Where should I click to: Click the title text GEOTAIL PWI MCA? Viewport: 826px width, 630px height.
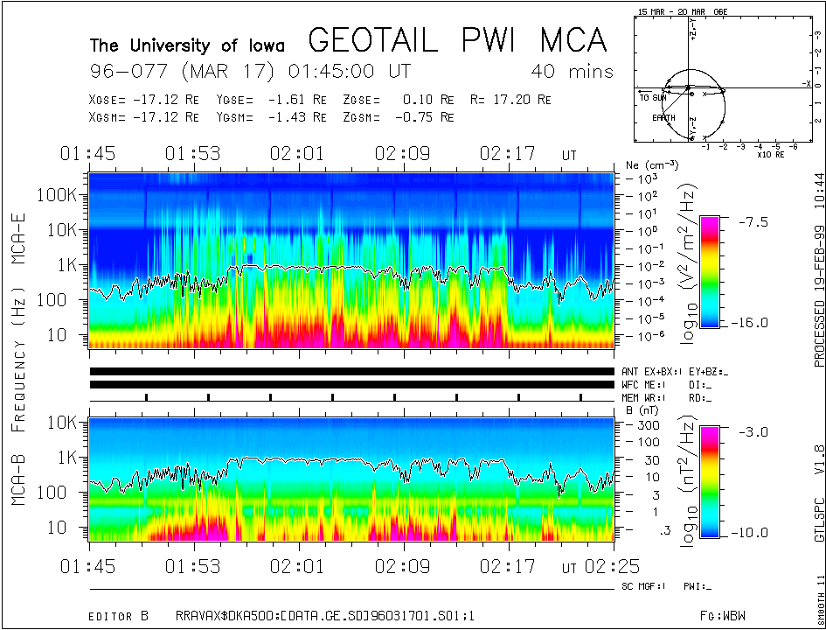(457, 40)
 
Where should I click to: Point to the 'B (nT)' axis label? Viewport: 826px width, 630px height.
(642, 409)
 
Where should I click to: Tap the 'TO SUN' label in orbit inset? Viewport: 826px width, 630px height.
(653, 98)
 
